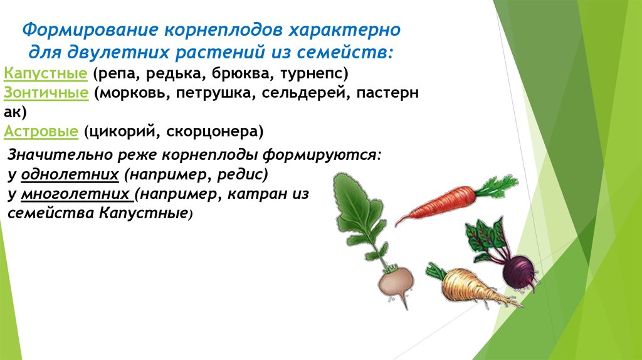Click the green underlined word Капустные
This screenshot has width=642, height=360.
coord(45,73)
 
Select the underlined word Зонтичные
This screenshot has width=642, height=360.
coord(46,93)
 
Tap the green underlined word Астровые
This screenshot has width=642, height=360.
coord(41,132)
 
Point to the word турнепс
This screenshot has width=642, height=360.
coord(311,74)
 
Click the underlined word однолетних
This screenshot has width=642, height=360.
coord(70,174)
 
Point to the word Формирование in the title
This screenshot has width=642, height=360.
coord(90,30)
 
